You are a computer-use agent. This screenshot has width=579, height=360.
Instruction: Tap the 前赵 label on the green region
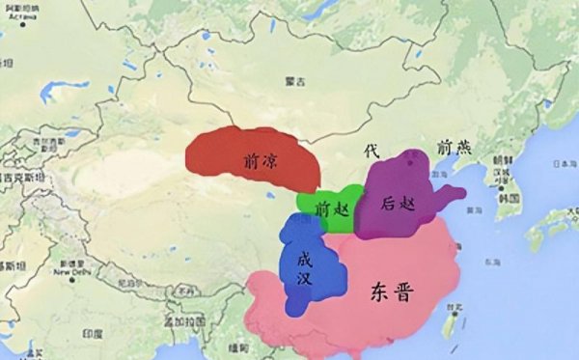(x=329, y=206)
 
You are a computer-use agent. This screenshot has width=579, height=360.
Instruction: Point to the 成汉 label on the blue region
(x=303, y=267)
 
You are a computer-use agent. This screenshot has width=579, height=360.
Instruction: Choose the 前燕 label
(x=454, y=147)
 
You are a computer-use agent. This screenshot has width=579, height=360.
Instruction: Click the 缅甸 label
(x=234, y=346)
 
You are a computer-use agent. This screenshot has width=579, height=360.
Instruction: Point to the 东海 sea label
(x=494, y=262)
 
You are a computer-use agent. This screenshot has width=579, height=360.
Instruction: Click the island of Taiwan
(x=449, y=321)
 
